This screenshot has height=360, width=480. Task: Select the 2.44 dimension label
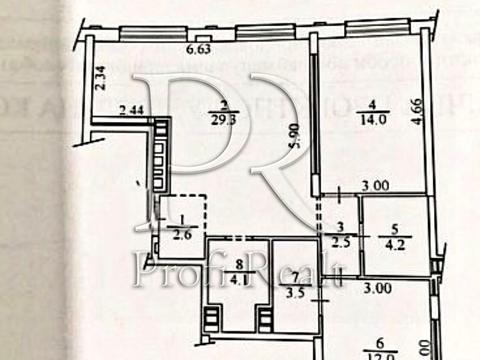[131, 109]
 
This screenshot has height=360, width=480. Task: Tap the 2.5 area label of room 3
[340, 239]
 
